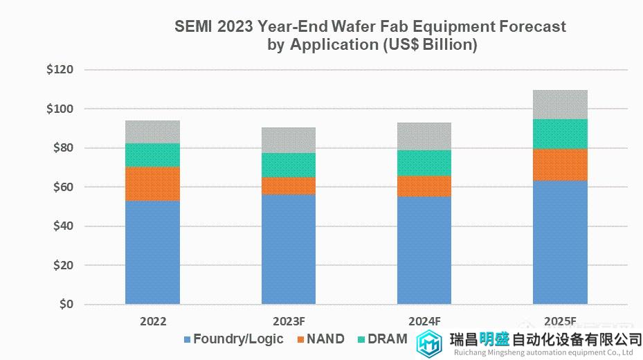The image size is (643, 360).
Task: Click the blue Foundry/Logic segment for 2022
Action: coord(152,252)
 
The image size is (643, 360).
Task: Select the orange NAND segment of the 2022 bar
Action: coord(152,183)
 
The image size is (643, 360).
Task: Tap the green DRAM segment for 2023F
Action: coord(288,165)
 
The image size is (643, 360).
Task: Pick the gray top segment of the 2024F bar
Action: coord(424,136)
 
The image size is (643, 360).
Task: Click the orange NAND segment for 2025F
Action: coord(560,165)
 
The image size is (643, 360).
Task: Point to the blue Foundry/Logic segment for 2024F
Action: coord(424,250)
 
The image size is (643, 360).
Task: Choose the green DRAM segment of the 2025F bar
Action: coord(560,134)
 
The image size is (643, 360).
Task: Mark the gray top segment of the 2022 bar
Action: coord(152,132)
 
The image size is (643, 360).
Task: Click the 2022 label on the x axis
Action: coord(152,321)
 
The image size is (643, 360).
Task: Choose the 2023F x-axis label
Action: coord(289,321)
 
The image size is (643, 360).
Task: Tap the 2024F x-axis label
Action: coord(424,321)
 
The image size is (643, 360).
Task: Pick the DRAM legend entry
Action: coord(387,339)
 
